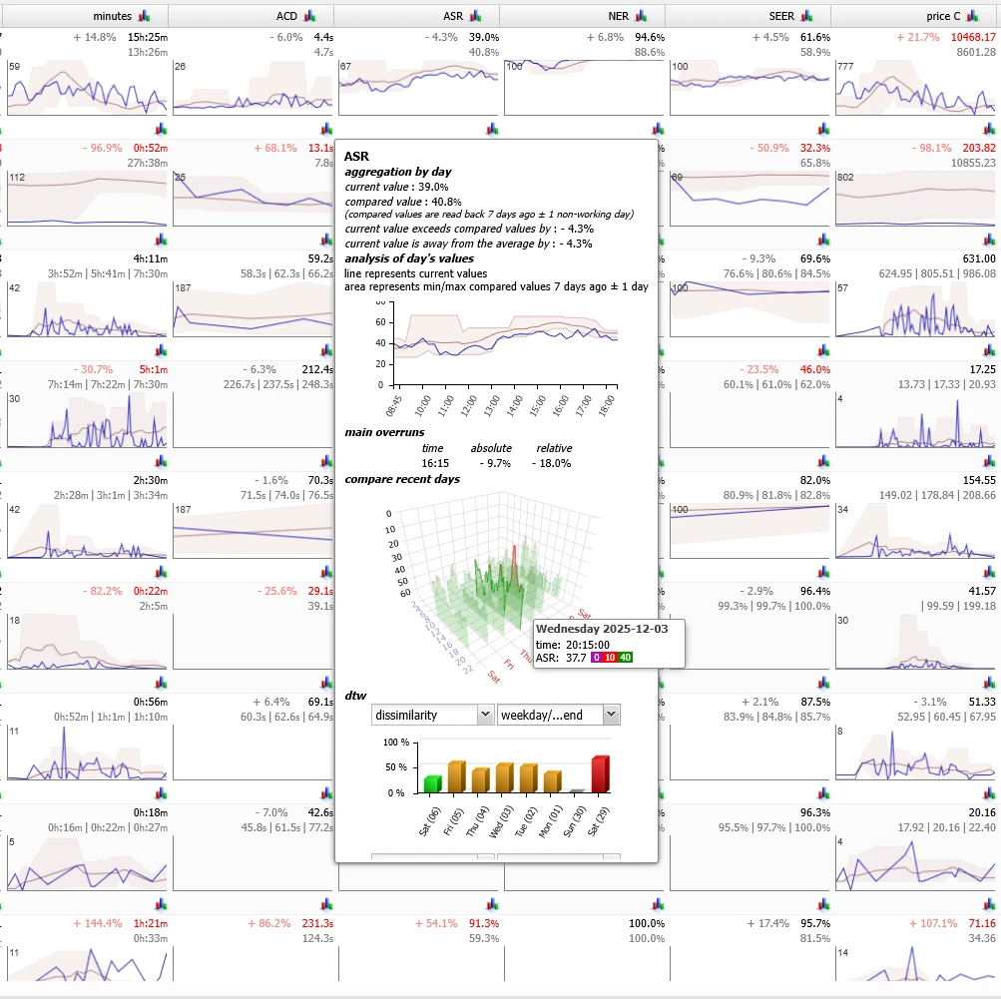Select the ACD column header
(x=286, y=16)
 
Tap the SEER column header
(x=781, y=16)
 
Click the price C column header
(x=943, y=16)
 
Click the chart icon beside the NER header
(x=643, y=16)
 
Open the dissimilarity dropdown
(x=432, y=715)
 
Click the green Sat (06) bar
(x=431, y=783)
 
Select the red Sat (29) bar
(x=599, y=773)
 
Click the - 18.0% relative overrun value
(x=551, y=463)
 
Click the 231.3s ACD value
(x=318, y=923)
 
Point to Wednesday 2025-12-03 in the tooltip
(x=589, y=630)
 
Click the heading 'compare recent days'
(x=402, y=479)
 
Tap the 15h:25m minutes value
(x=148, y=37)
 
